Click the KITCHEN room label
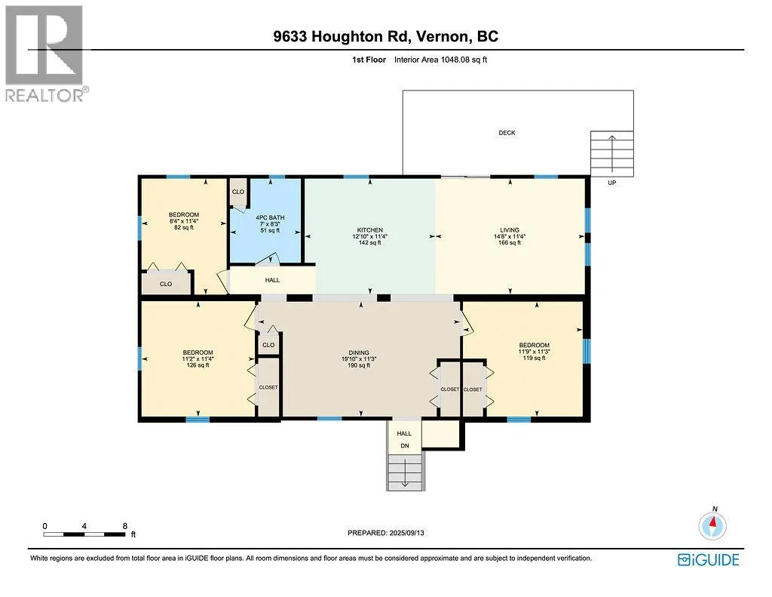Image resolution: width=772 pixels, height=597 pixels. (x=369, y=229)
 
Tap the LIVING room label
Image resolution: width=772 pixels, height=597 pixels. (x=510, y=229)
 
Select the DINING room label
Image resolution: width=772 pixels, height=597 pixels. (x=359, y=352)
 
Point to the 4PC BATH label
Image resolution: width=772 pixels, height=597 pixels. (x=270, y=217)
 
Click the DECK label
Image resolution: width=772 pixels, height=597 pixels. (x=507, y=133)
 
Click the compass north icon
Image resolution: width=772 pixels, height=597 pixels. (x=712, y=525)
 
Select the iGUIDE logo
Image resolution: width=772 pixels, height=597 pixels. (x=709, y=560)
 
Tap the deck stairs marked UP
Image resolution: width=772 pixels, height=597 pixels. (x=612, y=154)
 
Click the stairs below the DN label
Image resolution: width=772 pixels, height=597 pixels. (x=405, y=472)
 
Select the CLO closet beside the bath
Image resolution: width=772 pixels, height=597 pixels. (x=238, y=192)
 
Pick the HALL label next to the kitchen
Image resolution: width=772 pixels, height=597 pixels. (x=272, y=280)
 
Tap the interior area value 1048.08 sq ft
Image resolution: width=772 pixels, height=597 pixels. (x=464, y=60)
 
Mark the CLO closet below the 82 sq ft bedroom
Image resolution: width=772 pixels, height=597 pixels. (x=166, y=284)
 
